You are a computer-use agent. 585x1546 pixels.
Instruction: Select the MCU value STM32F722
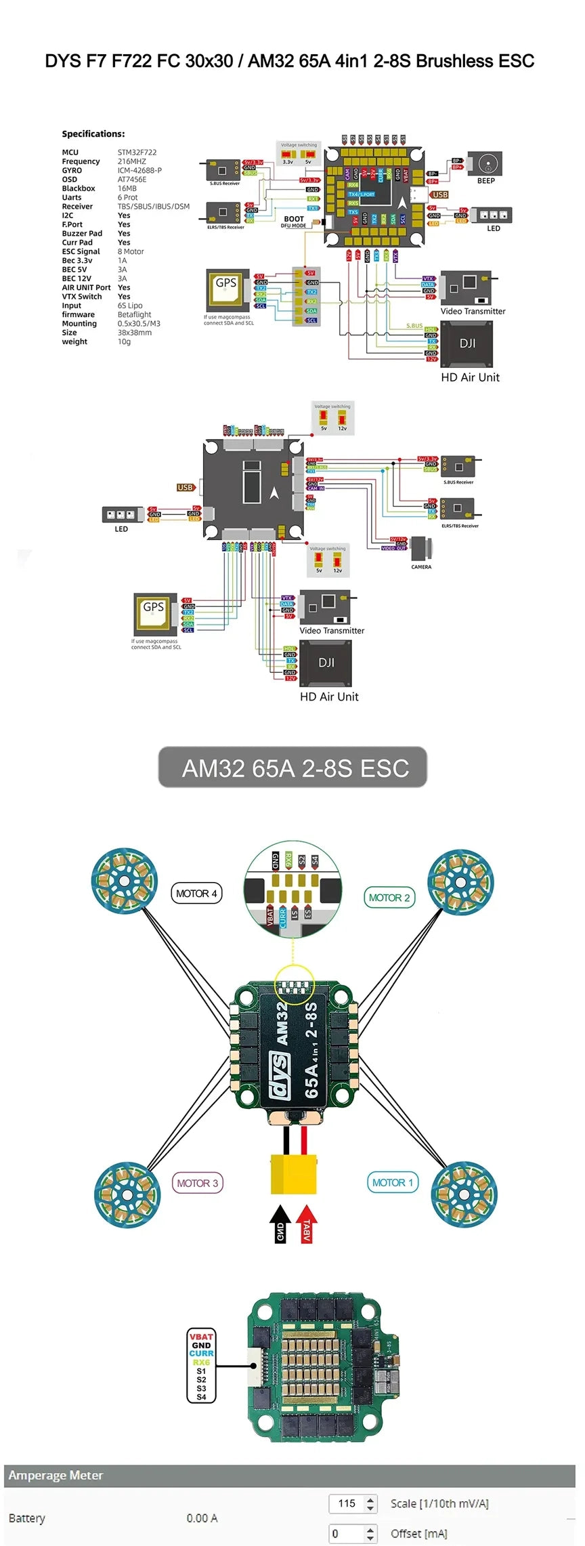137,152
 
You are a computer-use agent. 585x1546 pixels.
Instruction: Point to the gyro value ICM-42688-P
139,171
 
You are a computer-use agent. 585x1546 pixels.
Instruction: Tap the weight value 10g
124,342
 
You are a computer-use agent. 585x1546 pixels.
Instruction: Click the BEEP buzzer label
485,181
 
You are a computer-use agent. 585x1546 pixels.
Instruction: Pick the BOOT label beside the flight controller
294,219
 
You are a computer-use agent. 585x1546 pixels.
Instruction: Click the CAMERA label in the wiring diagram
421,567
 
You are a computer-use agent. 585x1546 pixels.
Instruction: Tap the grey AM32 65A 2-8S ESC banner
292,768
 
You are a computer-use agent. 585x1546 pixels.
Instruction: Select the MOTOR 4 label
196,894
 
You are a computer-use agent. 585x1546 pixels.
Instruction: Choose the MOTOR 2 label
389,898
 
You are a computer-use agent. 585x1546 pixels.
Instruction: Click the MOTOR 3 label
197,1183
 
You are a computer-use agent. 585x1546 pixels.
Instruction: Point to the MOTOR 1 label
393,1182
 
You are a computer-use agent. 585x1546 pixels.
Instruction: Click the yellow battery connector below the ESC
294,1174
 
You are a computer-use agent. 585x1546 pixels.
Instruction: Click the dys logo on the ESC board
281,1074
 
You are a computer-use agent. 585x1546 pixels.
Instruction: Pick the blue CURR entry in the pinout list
201,1353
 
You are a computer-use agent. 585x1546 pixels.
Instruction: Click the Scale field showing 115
347,1503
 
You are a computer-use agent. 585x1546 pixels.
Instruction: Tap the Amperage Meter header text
56,1475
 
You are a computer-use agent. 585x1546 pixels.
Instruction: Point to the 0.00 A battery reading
202,1518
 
